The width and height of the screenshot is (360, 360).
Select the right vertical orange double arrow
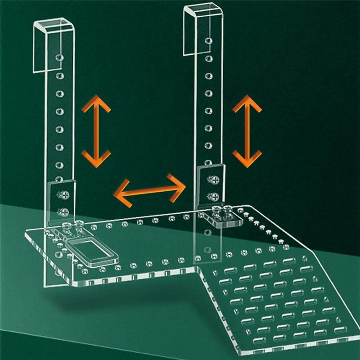click(x=247, y=130)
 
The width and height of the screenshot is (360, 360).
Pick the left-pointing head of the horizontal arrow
click(x=119, y=194)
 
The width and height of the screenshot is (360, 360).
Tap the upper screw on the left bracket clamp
click(x=61, y=195)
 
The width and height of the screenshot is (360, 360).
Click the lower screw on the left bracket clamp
click(x=62, y=210)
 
